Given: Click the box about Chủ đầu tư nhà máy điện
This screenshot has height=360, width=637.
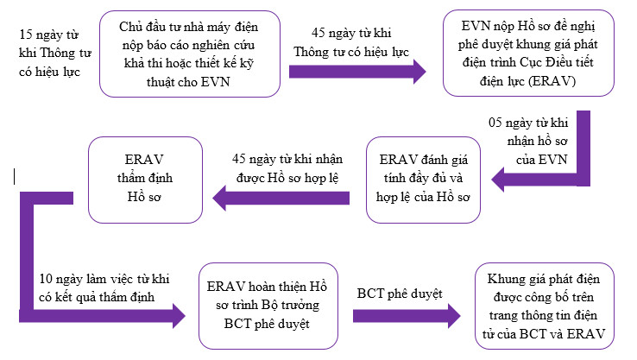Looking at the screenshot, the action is tap(190, 54).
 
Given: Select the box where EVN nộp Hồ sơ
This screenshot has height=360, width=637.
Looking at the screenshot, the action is tap(528, 54).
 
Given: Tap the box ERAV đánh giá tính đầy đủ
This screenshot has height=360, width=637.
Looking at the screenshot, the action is tap(423, 180).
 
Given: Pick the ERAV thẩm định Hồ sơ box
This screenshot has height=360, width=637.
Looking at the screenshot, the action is tap(145, 180).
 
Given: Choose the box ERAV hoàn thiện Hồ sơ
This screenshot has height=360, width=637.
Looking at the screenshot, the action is tap(268, 306).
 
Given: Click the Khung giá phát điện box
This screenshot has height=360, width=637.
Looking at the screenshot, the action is tap(545, 306).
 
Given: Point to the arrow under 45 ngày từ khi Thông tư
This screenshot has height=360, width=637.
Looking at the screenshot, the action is tap(357, 72).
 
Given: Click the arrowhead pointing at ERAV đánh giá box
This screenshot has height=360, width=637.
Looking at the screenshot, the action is tap(498, 180).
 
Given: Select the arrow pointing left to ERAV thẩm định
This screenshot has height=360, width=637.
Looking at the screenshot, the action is tap(281, 198).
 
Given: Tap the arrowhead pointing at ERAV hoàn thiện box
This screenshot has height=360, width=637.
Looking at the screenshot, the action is tap(179, 316).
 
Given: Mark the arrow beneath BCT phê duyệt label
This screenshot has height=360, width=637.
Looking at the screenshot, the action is tap(407, 316).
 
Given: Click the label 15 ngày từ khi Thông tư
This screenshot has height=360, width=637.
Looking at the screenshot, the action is tap(55, 53).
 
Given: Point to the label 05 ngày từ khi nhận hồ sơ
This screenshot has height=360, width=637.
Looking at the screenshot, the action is tap(528, 141).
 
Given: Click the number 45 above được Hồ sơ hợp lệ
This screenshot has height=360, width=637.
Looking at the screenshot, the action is tap(239, 159).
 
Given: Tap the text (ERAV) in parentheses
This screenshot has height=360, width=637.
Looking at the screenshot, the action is tap(552, 81).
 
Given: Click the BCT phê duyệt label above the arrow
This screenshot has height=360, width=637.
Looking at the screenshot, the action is tap(400, 294).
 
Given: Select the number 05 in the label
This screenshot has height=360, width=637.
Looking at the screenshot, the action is tap(495, 123).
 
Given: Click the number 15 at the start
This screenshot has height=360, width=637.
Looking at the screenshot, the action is tap(26, 35).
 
